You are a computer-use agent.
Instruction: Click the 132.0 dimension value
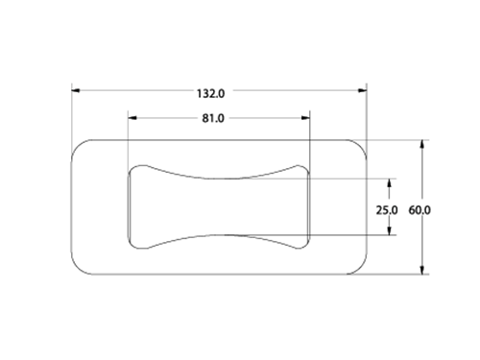(x=210, y=94)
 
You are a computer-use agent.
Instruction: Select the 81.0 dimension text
(x=213, y=118)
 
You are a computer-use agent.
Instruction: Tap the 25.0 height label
(x=387, y=210)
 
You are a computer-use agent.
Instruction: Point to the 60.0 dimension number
(x=420, y=210)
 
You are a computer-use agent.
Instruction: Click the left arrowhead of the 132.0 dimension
(x=76, y=90)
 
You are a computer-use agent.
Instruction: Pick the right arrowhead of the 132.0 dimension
(x=363, y=90)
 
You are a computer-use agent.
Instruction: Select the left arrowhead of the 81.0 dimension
(x=132, y=118)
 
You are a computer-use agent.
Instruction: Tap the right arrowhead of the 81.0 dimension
(x=305, y=118)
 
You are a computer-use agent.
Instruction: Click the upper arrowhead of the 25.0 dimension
(x=389, y=183)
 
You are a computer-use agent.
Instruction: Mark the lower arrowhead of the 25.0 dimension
(x=389, y=230)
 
